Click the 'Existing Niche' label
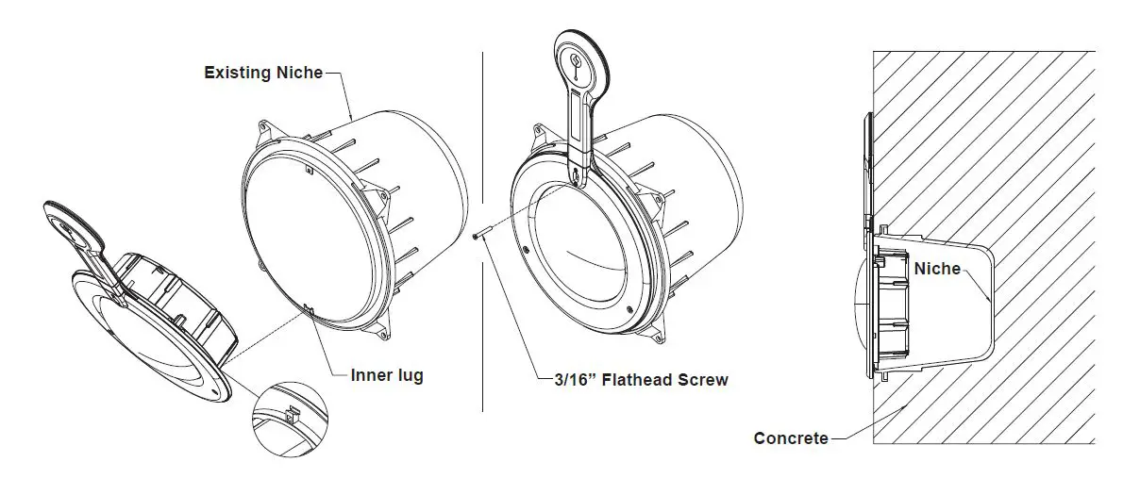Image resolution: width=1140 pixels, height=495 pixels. click(263, 72)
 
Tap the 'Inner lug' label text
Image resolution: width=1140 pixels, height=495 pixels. click(387, 375)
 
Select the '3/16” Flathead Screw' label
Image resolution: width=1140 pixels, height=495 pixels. click(641, 380)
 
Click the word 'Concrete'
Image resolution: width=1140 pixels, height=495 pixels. click(791, 437)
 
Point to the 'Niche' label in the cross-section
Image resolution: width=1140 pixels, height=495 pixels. click(937, 269)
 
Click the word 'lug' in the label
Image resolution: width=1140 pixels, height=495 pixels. click(408, 375)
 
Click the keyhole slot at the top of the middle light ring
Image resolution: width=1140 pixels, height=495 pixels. click(578, 175)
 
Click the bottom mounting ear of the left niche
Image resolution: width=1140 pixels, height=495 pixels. click(382, 330)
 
